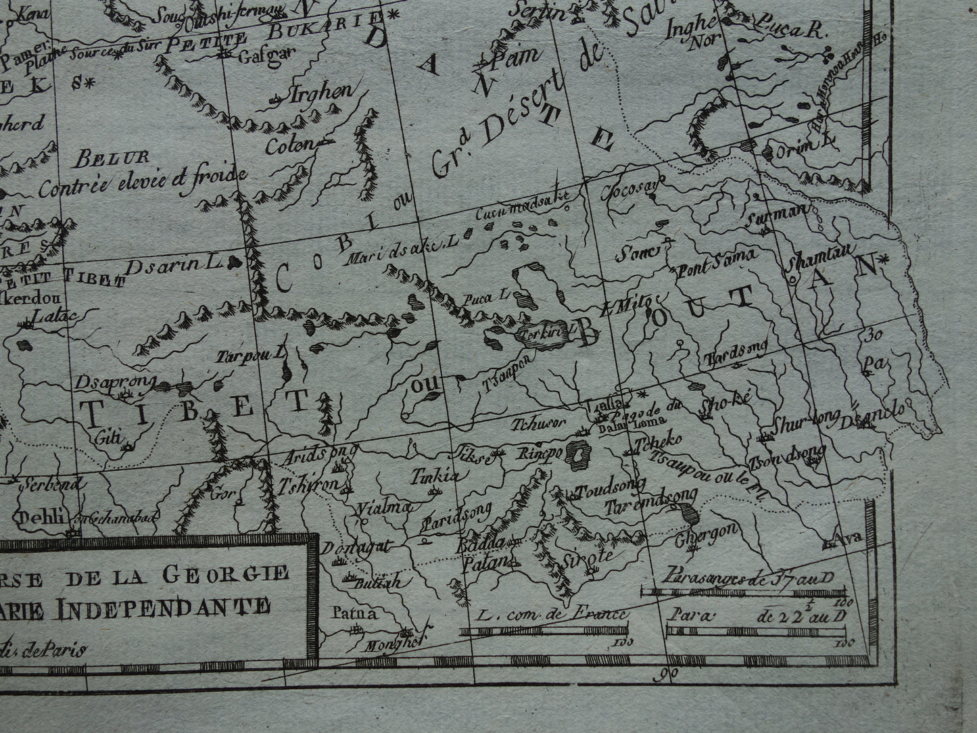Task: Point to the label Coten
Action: [x=290, y=145]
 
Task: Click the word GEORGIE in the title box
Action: [x=235, y=573]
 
